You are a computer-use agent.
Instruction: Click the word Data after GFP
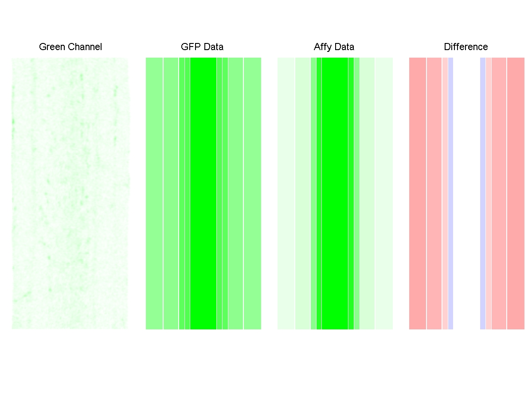click(x=213, y=47)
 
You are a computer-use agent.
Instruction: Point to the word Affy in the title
click(x=323, y=47)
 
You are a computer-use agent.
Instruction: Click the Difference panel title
click(x=465, y=47)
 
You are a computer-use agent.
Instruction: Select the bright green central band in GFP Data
click(x=203, y=193)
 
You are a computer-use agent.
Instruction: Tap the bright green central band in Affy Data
click(x=335, y=193)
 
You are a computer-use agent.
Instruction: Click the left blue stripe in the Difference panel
click(x=450, y=193)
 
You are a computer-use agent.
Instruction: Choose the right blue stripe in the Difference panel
click(x=483, y=193)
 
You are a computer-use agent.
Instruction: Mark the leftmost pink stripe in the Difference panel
click(x=417, y=193)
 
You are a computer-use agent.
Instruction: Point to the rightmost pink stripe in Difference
click(x=516, y=193)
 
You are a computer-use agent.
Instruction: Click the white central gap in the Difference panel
click(x=466, y=193)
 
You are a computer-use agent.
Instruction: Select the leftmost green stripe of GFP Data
click(x=154, y=193)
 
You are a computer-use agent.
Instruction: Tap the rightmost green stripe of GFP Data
click(x=252, y=193)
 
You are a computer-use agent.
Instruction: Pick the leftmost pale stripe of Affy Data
click(x=286, y=193)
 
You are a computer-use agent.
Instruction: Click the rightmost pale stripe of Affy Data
click(x=384, y=193)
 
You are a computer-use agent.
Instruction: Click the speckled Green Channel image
click(x=70, y=193)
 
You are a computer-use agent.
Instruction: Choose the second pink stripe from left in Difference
click(x=434, y=193)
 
